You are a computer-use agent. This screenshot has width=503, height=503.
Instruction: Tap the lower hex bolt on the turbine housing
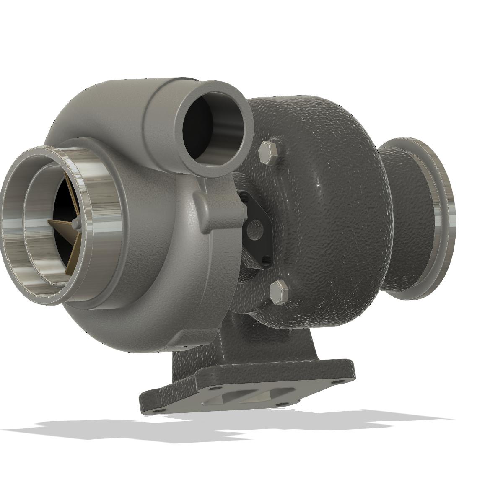pyautogui.click(x=278, y=292)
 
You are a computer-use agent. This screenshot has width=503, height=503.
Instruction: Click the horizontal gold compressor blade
pyautogui.click(x=59, y=223)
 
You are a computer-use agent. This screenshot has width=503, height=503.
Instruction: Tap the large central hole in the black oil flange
pyautogui.click(x=254, y=230)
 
